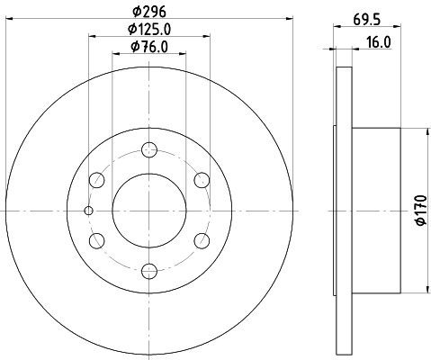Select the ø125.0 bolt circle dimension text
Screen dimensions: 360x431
pyautogui.click(x=149, y=30)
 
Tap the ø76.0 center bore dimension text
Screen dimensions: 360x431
pyautogui.click(x=149, y=47)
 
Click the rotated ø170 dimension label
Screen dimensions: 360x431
pyautogui.click(x=419, y=208)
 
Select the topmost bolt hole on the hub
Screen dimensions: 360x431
pyautogui.click(x=149, y=150)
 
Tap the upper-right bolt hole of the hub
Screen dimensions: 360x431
pyautogui.click(x=201, y=180)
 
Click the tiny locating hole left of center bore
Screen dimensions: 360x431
pyautogui.click(x=88, y=211)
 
